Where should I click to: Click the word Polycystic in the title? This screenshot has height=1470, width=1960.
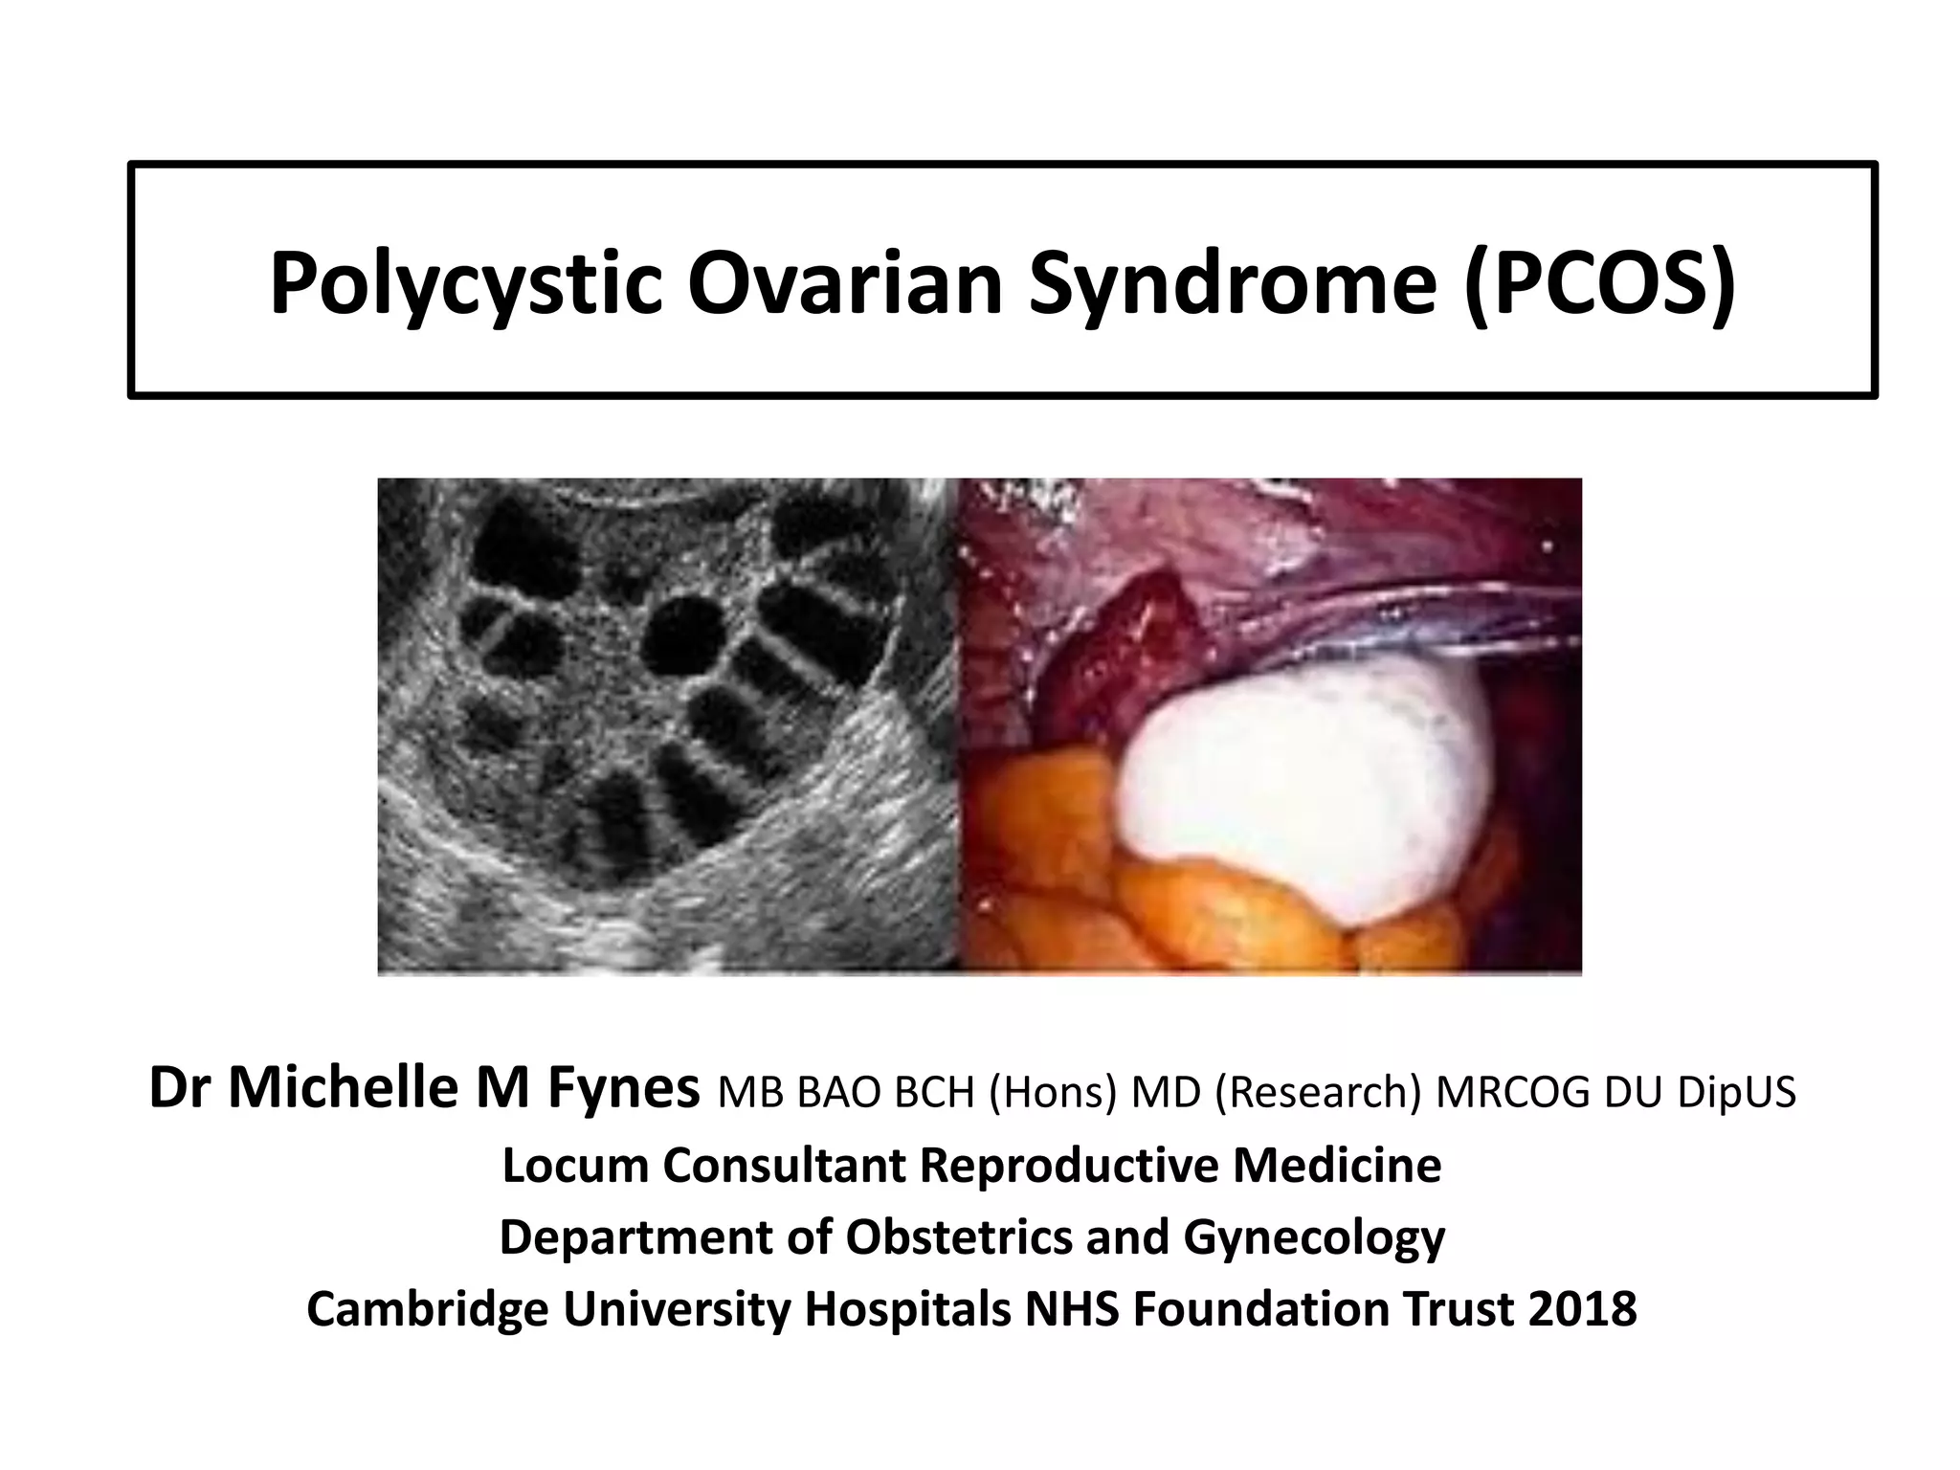(465, 285)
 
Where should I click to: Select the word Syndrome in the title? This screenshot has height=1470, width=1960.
(1234, 285)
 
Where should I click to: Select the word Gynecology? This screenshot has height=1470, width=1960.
(1313, 1236)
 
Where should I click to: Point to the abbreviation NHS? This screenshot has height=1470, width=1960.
(1071, 1309)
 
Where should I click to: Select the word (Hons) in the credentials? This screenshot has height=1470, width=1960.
(1051, 1093)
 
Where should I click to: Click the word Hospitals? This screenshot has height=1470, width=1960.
(907, 1309)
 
